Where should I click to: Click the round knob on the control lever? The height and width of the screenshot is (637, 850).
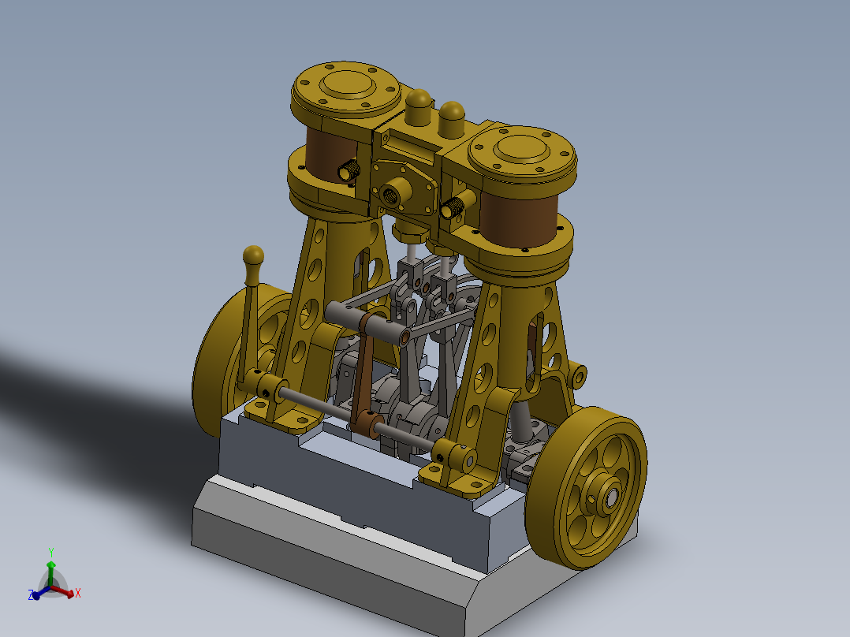tap(253, 255)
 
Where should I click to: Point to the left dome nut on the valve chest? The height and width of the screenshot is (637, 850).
tap(419, 102)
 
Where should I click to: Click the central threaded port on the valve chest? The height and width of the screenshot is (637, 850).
tap(391, 191)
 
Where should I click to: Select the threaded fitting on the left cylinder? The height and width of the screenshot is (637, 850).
tap(348, 169)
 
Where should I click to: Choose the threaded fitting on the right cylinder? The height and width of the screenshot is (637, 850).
tap(451, 208)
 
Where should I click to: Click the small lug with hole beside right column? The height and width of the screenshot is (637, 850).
tap(580, 374)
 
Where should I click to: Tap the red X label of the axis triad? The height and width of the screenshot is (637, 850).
tap(78, 593)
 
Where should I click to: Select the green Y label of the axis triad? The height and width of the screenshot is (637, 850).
tap(50, 552)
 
